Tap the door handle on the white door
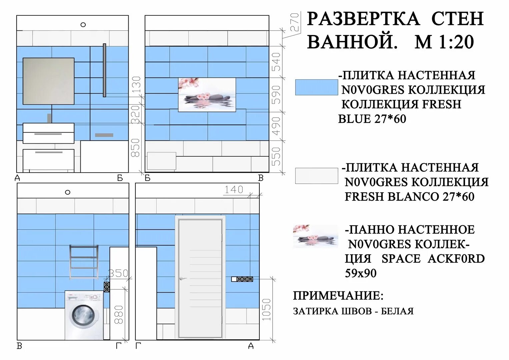click(x=183, y=279)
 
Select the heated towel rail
click(x=84, y=262)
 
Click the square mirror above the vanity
click(x=48, y=81)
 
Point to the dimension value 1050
click(x=266, y=309)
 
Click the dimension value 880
click(x=119, y=315)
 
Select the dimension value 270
click(x=294, y=22)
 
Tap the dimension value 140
click(x=234, y=189)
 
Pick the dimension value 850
click(x=135, y=148)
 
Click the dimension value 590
click(x=276, y=95)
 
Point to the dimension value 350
click(x=118, y=273)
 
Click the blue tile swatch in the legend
click(x=317, y=87)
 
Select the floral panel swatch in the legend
click(x=316, y=236)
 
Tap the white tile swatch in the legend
click(x=317, y=176)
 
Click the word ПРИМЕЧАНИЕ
click(x=338, y=296)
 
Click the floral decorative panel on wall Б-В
click(x=207, y=95)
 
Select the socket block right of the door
click(x=242, y=279)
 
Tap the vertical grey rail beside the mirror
click(x=105, y=70)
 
